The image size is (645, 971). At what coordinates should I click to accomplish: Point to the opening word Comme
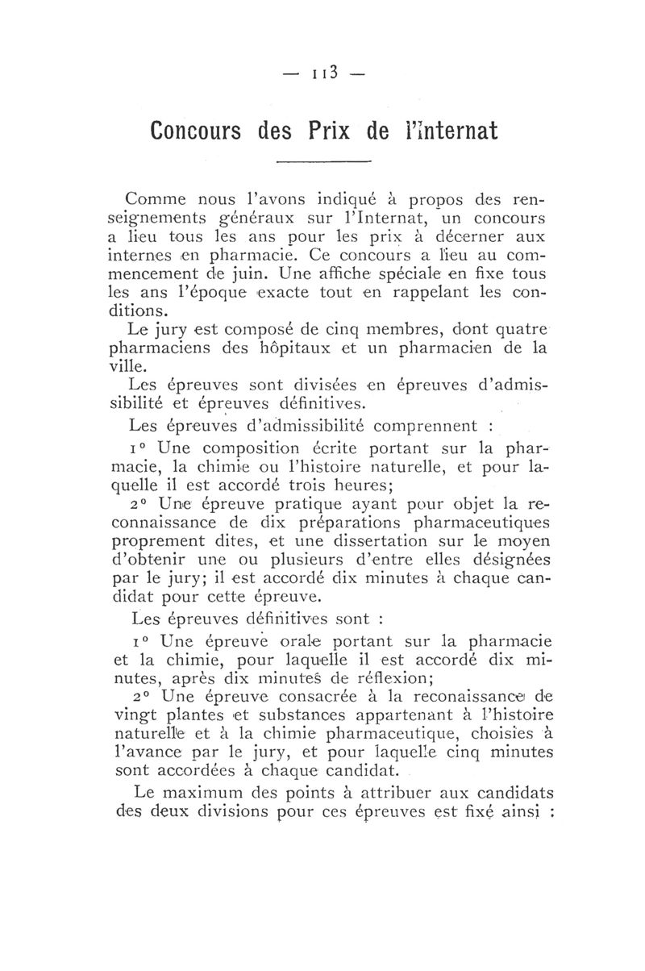point(156,199)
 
